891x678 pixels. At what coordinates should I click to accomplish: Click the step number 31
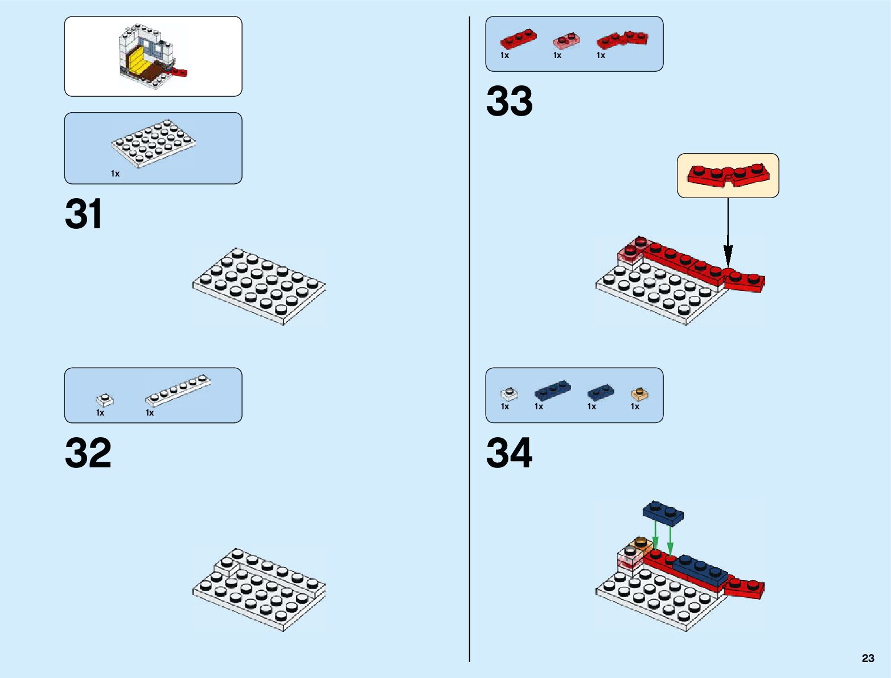point(84,215)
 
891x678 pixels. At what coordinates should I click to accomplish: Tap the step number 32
point(88,454)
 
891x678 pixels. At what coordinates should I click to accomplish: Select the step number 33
point(509,102)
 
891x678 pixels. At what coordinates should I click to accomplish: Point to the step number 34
point(509,454)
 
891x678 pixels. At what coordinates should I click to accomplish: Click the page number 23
point(868,658)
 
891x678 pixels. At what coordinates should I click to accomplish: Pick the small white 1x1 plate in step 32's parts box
point(104,400)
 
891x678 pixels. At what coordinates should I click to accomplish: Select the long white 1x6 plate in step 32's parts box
point(178,391)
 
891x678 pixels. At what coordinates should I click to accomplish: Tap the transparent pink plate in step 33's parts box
point(566,41)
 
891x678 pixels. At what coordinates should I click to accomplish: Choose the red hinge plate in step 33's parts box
point(622,39)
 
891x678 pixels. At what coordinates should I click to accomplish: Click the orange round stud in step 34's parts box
point(640,394)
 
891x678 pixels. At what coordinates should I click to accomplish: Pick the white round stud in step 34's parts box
point(509,393)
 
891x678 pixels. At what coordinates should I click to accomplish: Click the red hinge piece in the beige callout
point(728,175)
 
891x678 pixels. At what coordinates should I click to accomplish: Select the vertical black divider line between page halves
point(470,342)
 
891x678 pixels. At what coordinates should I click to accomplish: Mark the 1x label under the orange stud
point(635,406)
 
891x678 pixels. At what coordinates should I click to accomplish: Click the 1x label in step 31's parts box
point(115,174)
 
